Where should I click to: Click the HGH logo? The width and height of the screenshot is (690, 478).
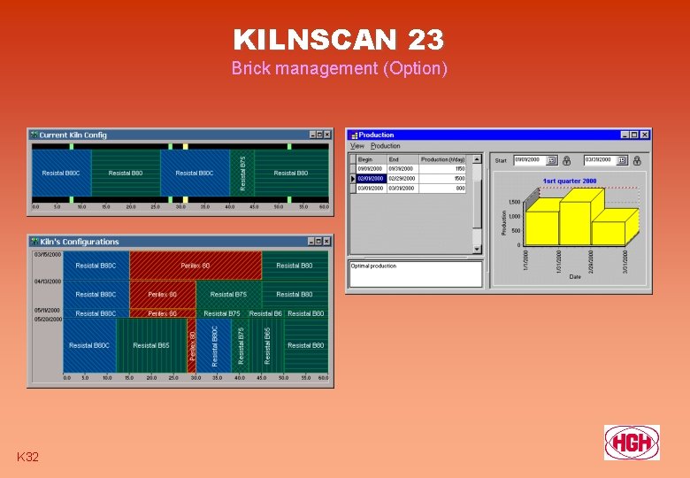[631, 442]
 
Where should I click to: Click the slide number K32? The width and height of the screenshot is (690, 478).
[27, 457]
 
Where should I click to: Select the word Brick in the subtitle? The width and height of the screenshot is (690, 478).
[250, 68]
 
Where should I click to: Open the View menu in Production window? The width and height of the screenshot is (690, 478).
[357, 146]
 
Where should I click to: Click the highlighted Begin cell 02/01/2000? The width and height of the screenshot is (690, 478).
[370, 178]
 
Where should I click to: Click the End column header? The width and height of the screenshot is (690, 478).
[394, 159]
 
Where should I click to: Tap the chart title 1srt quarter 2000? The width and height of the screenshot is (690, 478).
[569, 181]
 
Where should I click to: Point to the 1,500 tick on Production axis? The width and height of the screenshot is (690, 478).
[514, 202]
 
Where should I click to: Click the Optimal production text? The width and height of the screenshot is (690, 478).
[374, 266]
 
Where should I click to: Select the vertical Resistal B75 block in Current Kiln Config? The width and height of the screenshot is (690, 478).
[244, 173]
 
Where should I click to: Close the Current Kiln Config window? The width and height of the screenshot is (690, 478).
[326, 135]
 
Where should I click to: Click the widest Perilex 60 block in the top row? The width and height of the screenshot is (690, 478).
[195, 266]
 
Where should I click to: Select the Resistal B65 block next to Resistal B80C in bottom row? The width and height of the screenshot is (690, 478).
[150, 345]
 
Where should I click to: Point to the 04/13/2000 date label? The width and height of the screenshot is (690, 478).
[48, 282]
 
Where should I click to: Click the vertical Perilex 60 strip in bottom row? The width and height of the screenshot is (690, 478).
[194, 345]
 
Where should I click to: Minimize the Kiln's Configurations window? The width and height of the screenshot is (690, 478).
[311, 242]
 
